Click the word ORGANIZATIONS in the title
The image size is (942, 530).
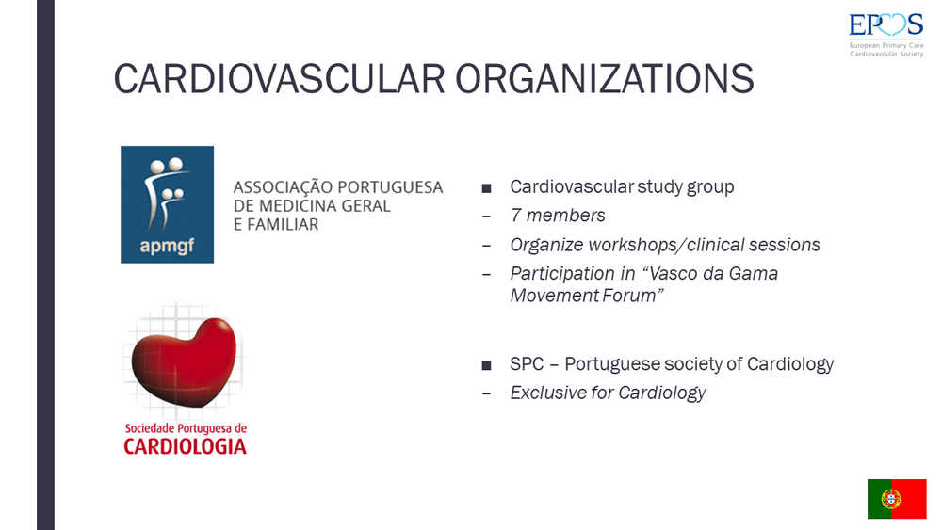605,79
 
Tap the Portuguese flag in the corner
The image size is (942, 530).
897,499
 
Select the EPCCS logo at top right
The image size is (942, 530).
886,35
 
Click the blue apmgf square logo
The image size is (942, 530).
167,204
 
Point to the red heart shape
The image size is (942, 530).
185,361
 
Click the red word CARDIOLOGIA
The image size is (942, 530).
185,446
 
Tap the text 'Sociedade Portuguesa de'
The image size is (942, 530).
186,428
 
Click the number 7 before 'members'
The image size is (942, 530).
515,216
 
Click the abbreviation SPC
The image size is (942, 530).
527,363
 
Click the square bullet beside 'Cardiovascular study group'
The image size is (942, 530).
487,188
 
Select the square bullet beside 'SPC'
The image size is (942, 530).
487,365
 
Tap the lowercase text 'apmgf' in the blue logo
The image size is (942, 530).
167,246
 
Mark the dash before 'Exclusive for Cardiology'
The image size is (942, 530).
487,393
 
